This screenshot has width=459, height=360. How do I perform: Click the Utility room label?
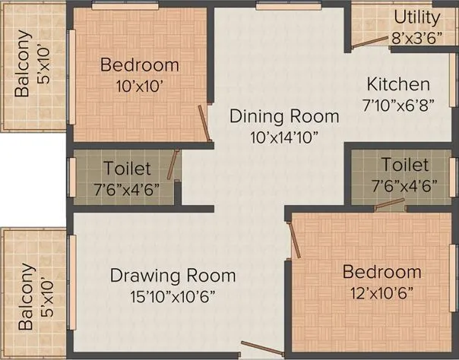point(415,17)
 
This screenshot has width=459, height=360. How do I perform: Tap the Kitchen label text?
point(398,84)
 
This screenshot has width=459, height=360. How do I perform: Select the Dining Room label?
point(283,116)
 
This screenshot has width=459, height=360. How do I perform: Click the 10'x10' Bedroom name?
point(140,65)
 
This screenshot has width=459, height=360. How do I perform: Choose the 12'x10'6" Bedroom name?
point(381,272)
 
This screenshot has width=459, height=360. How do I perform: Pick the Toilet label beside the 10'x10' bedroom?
point(126,169)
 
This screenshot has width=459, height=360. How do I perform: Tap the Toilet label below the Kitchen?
point(405,165)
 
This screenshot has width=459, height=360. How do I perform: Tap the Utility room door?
point(370,43)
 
